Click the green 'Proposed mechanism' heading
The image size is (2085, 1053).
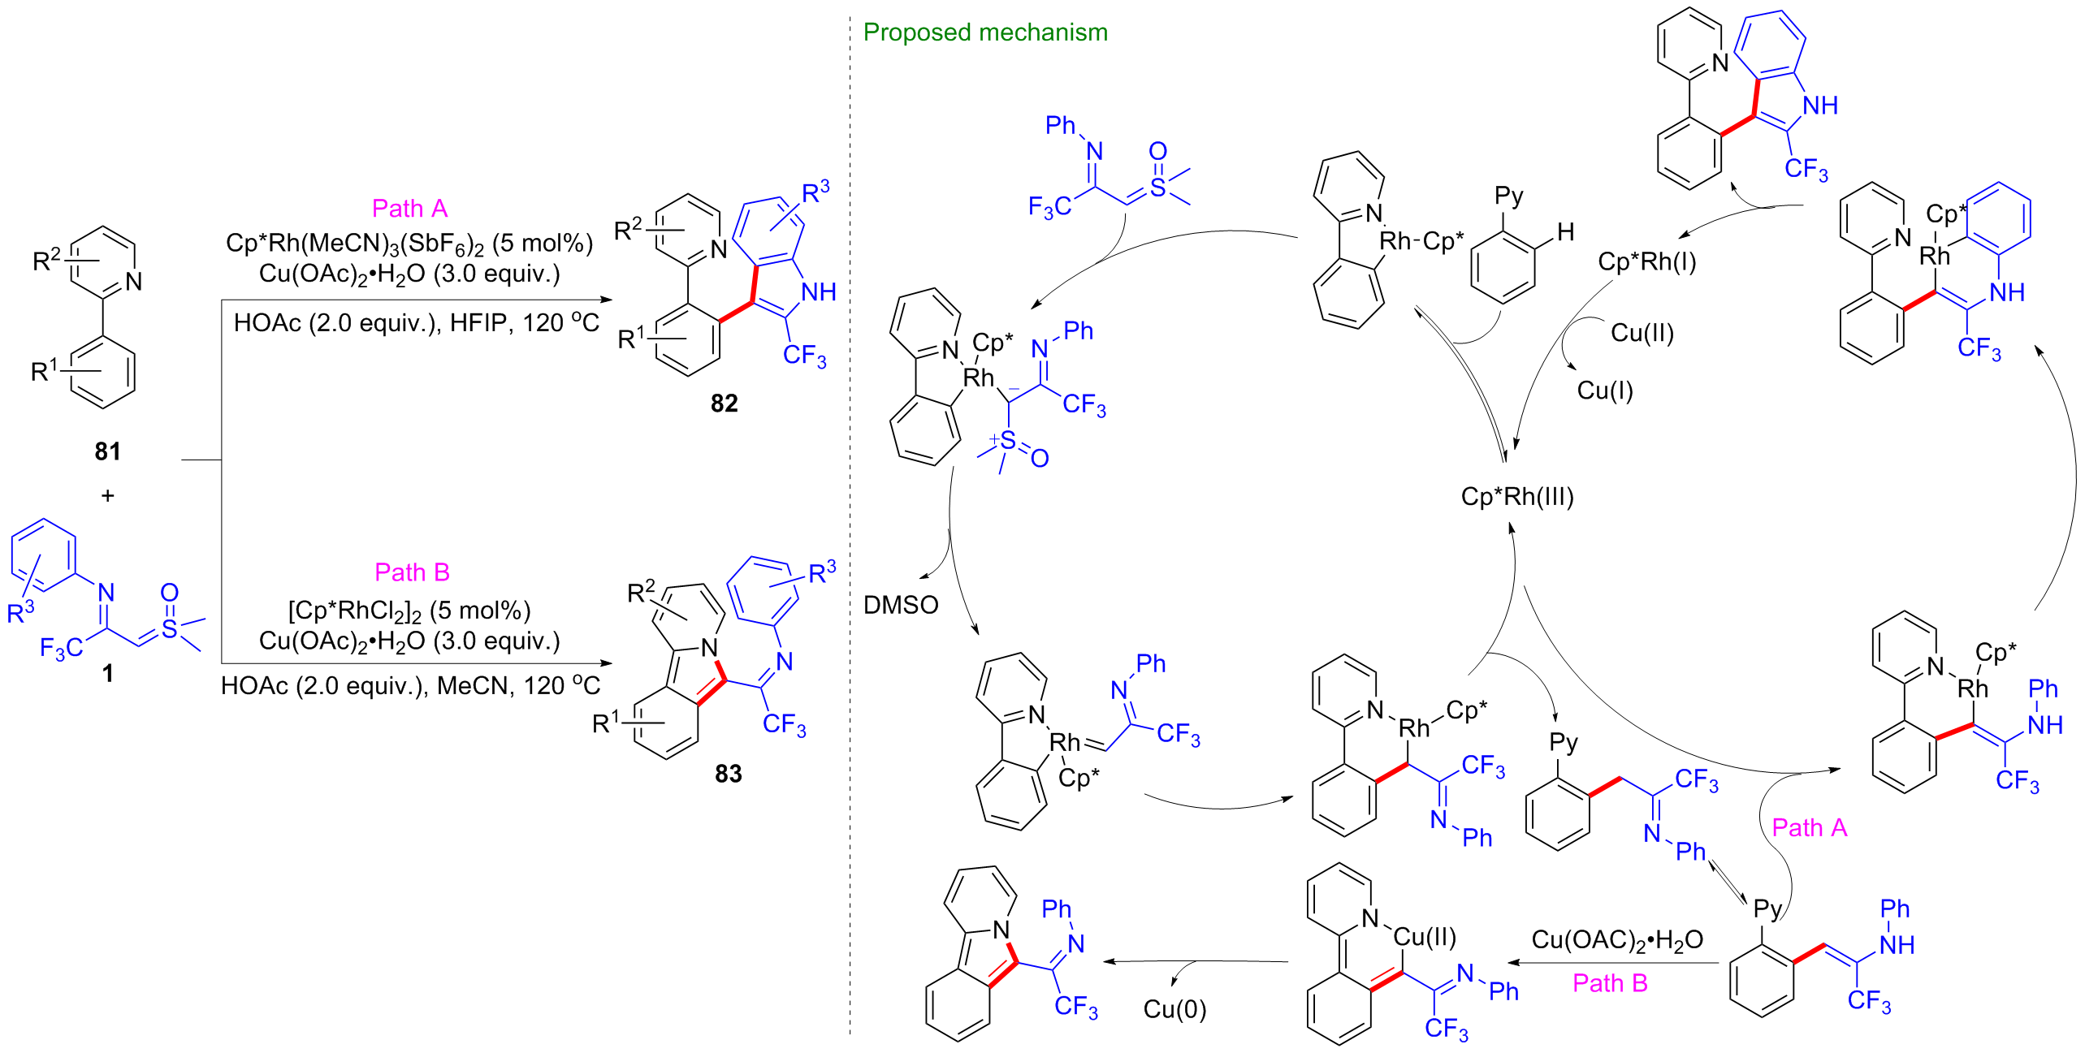[x=984, y=32]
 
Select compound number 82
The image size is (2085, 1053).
[x=724, y=404]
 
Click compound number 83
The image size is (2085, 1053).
[x=728, y=774]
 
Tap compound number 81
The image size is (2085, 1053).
[x=107, y=451]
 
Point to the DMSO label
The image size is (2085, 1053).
[x=901, y=605]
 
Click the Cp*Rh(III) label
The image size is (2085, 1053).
[x=1516, y=497]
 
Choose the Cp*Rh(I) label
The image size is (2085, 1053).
[x=1646, y=262]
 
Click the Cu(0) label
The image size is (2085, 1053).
[x=1174, y=1009]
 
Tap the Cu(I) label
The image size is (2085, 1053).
[x=1604, y=391]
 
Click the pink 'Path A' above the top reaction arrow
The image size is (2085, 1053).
[x=409, y=209]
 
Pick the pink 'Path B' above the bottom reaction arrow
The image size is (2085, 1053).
[x=412, y=572]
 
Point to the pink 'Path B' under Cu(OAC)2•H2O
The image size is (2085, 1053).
[x=1610, y=983]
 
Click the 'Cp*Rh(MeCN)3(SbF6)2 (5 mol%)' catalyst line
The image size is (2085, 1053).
[x=409, y=243]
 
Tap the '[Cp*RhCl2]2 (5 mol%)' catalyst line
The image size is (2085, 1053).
[x=409, y=610]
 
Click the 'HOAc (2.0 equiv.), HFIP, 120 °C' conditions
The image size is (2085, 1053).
[x=416, y=323]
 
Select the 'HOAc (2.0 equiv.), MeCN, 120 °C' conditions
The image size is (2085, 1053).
[x=410, y=686]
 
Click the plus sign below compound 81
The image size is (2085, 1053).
[x=107, y=495]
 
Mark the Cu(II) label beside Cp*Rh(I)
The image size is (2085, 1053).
[x=1642, y=333]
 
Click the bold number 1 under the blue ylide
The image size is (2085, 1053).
[x=107, y=673]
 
